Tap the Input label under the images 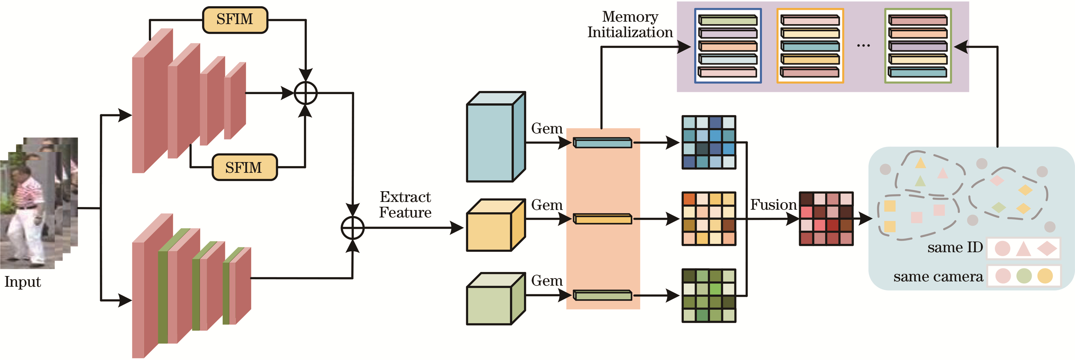tap(22, 282)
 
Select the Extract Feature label tap(405, 204)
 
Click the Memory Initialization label tap(630, 25)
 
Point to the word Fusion tap(773, 205)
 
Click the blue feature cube tap(495, 137)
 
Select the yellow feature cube tap(495, 225)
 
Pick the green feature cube tap(495, 299)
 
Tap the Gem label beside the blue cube tap(547, 128)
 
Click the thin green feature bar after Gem tap(603, 295)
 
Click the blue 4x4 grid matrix tap(709, 142)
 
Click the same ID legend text tap(955, 248)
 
